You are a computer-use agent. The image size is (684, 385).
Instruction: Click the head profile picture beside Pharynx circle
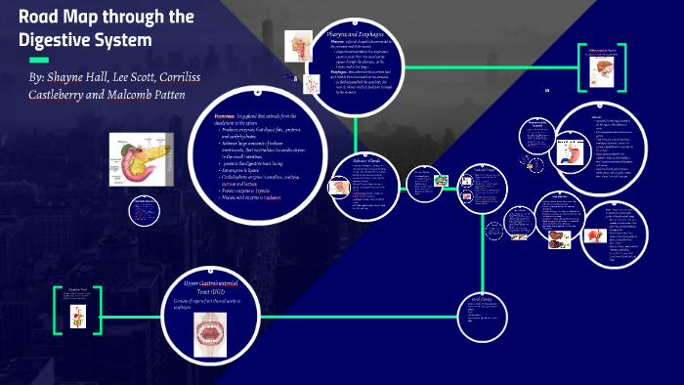pos(298,46)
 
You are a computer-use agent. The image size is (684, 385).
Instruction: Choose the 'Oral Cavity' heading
pos(486,299)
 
